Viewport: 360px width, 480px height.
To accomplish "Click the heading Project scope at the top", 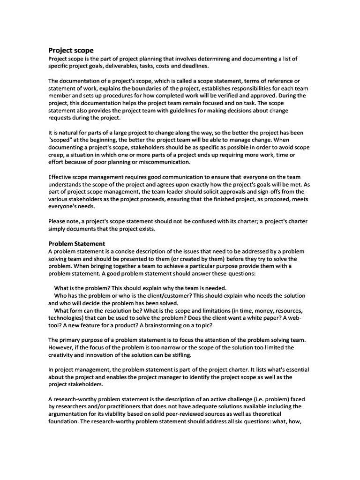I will [71, 50].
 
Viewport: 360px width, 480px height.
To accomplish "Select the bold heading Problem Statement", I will [77, 243].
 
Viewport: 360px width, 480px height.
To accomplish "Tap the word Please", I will [58, 221].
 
